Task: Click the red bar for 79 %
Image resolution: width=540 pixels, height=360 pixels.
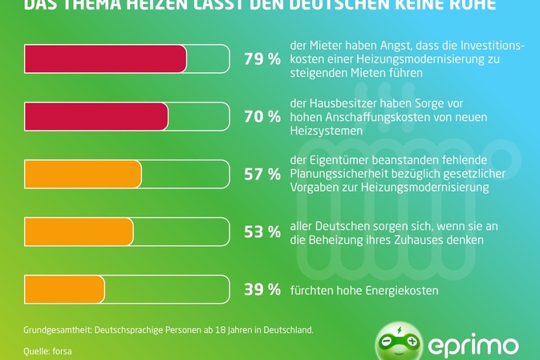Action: point(106,59)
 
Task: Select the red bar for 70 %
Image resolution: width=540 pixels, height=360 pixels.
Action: point(96,116)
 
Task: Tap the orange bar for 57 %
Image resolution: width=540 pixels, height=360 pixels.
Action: point(83,174)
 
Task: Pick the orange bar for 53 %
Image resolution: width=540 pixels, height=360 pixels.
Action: point(79,232)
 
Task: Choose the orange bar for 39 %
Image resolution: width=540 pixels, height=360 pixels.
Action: point(65,289)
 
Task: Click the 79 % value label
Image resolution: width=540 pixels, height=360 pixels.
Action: point(262,59)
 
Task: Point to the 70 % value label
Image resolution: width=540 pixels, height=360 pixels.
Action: point(262,117)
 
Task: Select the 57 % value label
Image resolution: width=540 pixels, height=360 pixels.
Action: point(262,175)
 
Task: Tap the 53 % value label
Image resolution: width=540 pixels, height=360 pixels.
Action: point(262,233)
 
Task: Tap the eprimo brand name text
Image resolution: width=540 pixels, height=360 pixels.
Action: point(473,346)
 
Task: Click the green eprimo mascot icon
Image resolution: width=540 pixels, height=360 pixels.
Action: point(399,343)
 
